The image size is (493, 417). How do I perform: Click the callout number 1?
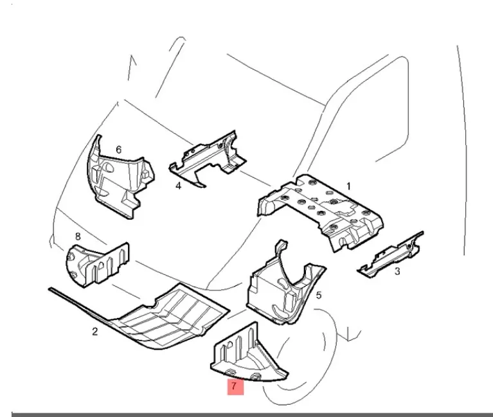tap(348, 186)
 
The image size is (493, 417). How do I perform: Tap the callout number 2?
tap(95, 331)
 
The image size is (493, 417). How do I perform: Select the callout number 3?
tap(397, 271)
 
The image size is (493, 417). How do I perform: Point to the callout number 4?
tap(178, 186)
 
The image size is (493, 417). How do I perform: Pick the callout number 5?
tap(319, 296)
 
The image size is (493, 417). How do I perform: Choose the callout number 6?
tap(118, 150)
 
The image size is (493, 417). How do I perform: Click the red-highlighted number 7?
tap(233, 386)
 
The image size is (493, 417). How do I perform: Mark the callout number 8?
tap(78, 236)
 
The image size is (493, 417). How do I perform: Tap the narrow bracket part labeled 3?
tap(391, 254)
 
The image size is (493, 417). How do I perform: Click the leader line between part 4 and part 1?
tap(255, 179)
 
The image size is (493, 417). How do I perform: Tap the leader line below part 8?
tap(126, 290)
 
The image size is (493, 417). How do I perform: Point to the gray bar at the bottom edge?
tap(252, 415)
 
